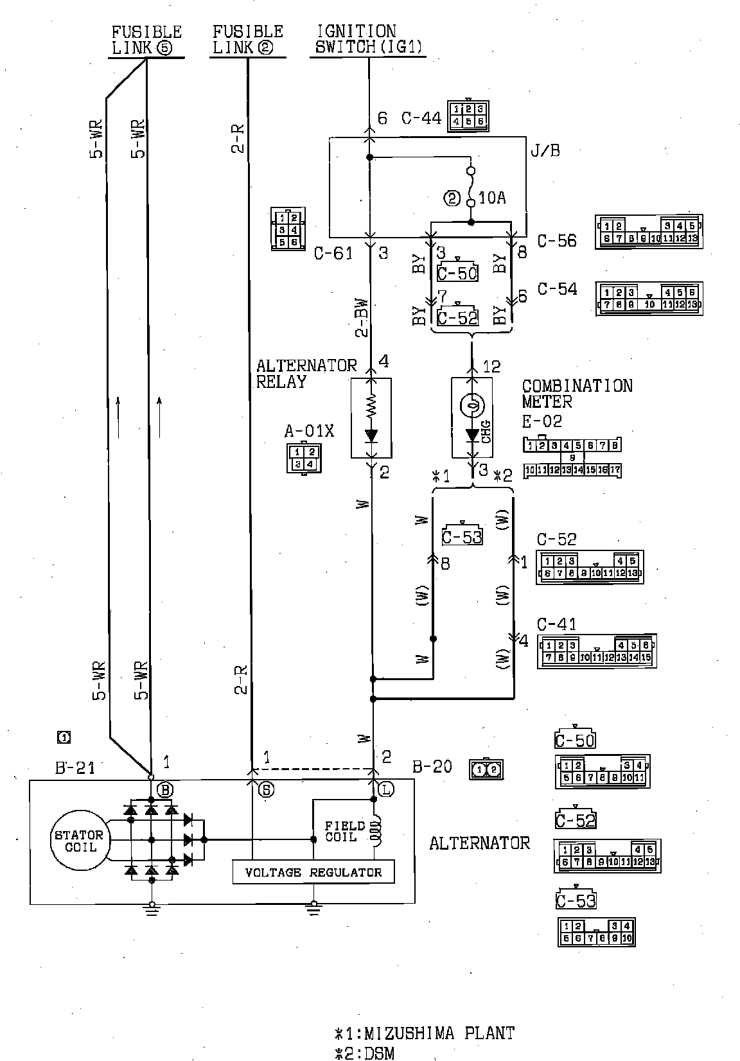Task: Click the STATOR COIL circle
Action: click(78, 841)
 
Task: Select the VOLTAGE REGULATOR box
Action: click(313, 872)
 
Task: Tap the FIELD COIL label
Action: click(344, 831)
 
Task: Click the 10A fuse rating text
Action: click(492, 198)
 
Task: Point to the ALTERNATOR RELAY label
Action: click(306, 374)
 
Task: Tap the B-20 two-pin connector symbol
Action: click(486, 769)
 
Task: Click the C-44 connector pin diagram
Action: click(468, 115)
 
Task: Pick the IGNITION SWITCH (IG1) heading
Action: click(368, 39)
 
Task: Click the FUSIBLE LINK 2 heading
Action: click(247, 39)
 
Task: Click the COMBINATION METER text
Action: click(576, 394)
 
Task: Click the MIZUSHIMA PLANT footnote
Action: click(425, 1033)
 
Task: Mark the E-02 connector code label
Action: click(542, 421)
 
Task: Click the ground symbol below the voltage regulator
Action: click(313, 907)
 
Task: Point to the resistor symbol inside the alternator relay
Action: click(371, 405)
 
